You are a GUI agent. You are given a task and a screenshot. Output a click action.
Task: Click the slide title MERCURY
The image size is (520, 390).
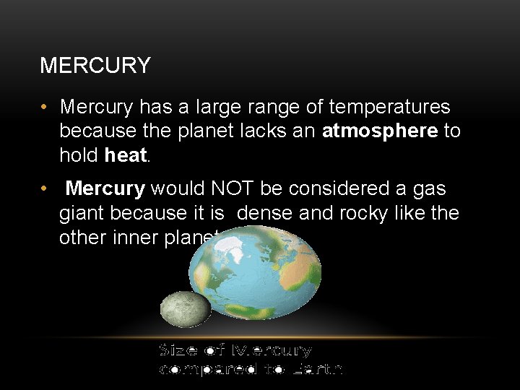(x=95, y=66)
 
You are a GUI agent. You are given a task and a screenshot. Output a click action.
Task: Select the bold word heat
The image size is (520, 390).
(x=126, y=155)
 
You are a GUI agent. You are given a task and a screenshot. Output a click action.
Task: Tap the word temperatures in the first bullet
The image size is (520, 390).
(x=389, y=108)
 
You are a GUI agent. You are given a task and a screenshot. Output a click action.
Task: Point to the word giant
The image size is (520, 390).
(x=82, y=214)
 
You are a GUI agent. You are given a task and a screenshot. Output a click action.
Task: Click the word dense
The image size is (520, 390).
(x=265, y=214)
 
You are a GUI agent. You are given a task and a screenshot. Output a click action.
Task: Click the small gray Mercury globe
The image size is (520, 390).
(x=185, y=309)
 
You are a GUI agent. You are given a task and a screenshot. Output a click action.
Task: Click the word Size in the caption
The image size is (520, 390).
(x=178, y=350)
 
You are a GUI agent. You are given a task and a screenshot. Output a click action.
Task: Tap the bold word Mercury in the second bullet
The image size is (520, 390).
(x=105, y=189)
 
